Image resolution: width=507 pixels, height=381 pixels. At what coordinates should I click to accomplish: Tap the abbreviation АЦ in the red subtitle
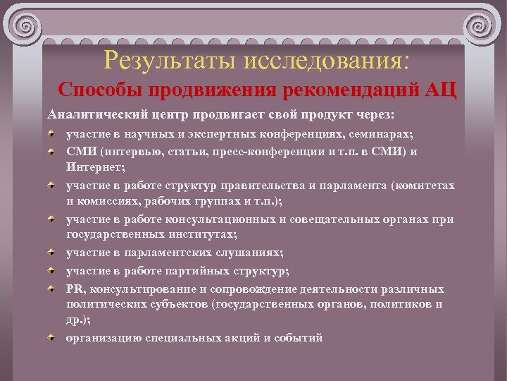tap(439, 91)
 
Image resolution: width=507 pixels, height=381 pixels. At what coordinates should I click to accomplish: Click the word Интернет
tap(95, 167)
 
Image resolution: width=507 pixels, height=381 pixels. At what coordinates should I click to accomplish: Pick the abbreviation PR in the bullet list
tap(75, 289)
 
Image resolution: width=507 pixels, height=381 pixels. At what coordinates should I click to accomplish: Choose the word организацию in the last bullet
tap(104, 337)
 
